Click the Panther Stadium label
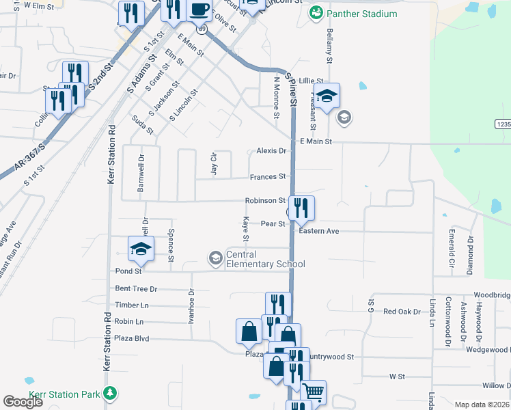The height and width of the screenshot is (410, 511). [x=362, y=14]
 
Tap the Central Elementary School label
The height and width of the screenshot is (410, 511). [x=265, y=260]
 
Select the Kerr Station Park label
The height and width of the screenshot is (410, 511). [x=64, y=395]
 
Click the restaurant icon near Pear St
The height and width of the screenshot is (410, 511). [x=301, y=207]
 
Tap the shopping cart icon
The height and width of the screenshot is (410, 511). [x=313, y=392]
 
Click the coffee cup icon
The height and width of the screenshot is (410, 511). [x=199, y=10]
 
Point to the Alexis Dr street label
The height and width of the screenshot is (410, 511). [x=271, y=151]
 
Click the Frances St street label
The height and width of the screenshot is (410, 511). [x=267, y=177]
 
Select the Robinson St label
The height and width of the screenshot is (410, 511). [x=265, y=201]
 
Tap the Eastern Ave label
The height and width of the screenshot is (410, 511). [x=318, y=232]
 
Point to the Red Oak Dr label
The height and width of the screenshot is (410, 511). [x=402, y=312]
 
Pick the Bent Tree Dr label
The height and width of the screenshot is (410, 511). [x=136, y=289]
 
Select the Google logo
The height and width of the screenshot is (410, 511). [x=23, y=402]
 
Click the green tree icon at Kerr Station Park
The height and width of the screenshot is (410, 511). [x=109, y=394]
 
